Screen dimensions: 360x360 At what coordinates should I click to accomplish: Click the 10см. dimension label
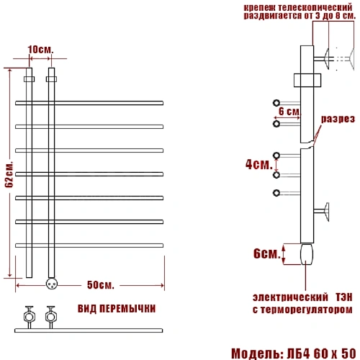tap(40, 50)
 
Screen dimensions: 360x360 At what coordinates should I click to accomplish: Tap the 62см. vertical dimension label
tap(10, 174)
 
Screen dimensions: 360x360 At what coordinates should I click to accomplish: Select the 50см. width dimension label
tap(100, 285)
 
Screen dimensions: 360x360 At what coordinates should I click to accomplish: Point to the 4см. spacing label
tap(259, 164)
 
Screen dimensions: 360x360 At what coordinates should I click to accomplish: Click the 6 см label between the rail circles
tap(289, 112)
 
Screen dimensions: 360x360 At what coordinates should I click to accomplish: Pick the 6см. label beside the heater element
tap(267, 253)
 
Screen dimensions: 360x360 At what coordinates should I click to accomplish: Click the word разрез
tap(338, 119)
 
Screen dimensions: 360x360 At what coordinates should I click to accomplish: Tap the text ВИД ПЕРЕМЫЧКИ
tap(117, 309)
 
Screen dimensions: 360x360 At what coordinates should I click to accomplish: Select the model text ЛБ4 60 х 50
tap(321, 354)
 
